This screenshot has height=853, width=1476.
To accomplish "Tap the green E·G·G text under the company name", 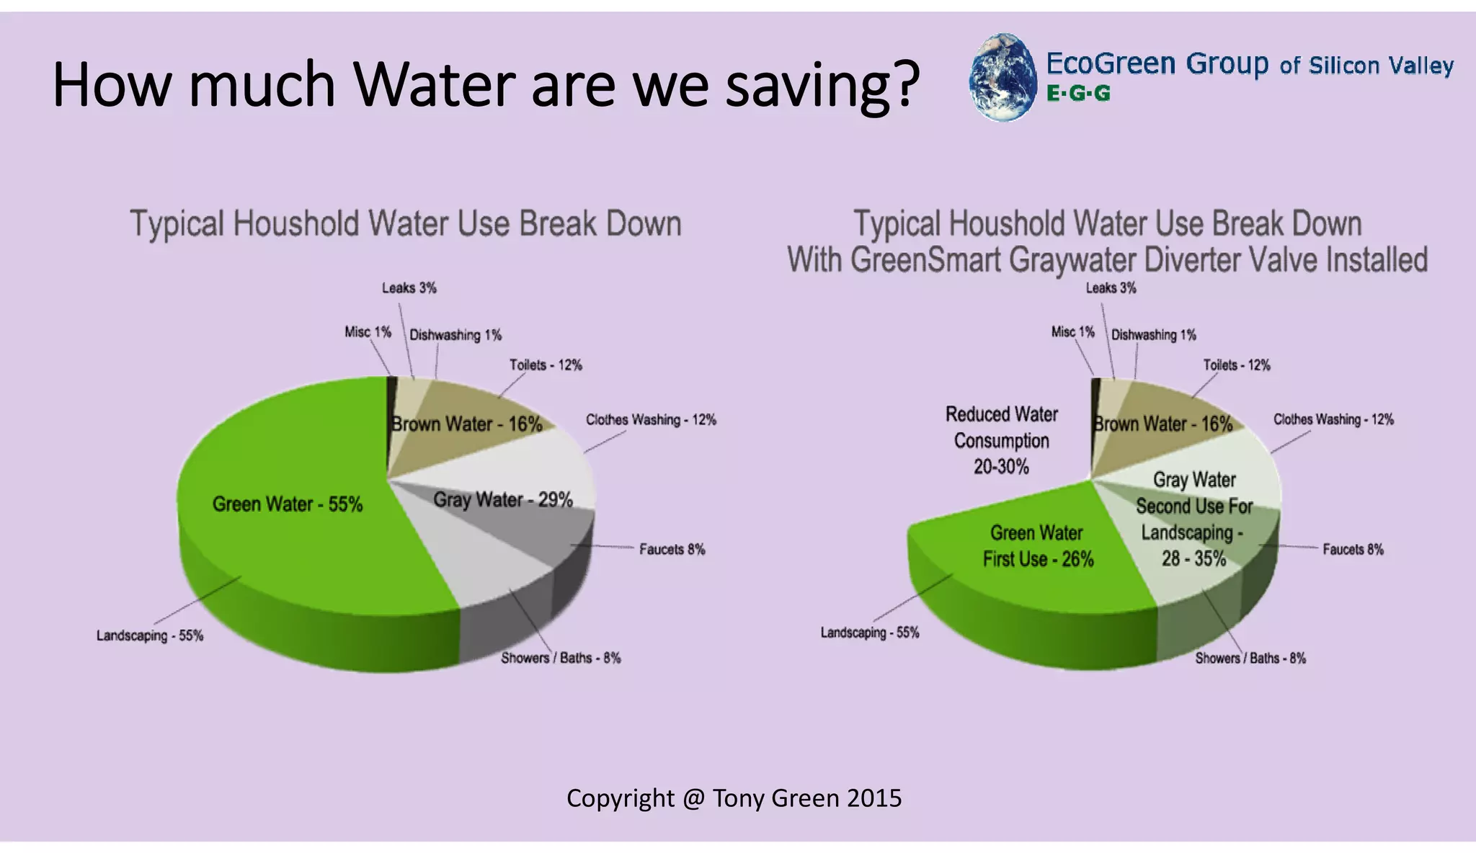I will (x=1077, y=94).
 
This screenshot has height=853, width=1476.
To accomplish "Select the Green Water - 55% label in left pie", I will (x=287, y=504).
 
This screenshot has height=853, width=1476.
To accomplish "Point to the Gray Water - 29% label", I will (x=502, y=499).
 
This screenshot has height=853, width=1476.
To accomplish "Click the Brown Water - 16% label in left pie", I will (x=466, y=424).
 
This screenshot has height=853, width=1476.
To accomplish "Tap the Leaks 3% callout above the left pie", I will (x=409, y=288).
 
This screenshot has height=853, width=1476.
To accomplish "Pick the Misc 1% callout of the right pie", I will (x=1072, y=332).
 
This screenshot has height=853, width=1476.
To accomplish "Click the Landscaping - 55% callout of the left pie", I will (x=150, y=636).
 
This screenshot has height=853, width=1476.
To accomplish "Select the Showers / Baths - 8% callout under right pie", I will (x=1250, y=658).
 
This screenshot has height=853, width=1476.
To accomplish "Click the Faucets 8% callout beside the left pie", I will (x=672, y=550).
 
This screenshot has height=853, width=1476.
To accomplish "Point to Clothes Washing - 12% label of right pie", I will (x=1333, y=419).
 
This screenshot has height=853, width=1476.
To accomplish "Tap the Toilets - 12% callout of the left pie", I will (x=546, y=365).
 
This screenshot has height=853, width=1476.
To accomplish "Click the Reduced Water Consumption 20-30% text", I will (x=1001, y=440).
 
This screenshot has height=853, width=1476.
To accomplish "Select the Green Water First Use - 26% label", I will (x=1037, y=546).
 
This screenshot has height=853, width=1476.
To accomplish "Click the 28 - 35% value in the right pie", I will (x=1193, y=558).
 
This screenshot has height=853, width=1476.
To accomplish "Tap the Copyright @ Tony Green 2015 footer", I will (x=734, y=798).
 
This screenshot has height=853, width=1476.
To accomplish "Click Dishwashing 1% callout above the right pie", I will (x=1153, y=335).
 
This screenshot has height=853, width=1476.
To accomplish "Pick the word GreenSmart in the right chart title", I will (x=926, y=259).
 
